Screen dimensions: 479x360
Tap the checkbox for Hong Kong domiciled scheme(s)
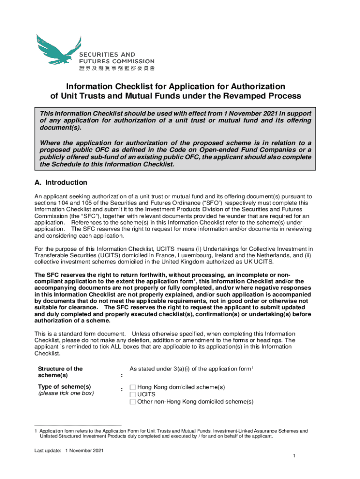(133, 387)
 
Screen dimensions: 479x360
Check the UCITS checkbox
(133, 394)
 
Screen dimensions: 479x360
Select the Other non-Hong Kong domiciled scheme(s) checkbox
(133, 401)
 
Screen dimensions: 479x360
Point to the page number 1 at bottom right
(293, 456)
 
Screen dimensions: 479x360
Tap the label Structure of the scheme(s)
(60, 372)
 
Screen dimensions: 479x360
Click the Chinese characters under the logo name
(116, 68)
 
